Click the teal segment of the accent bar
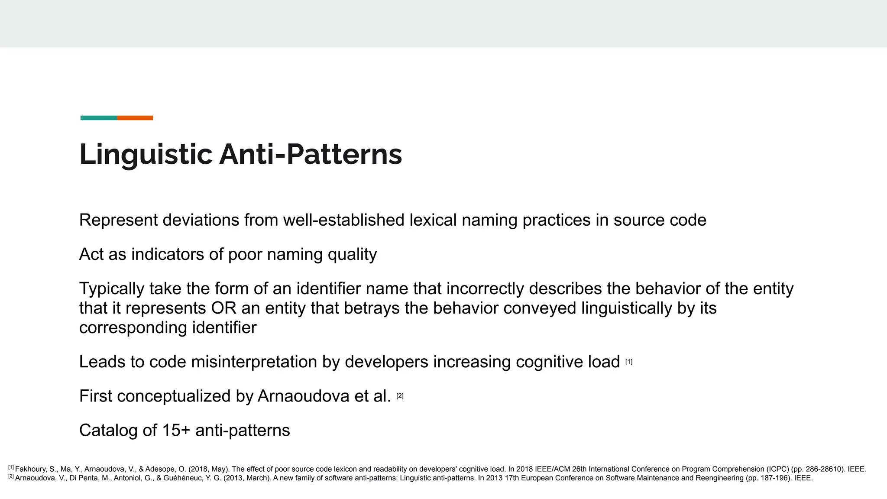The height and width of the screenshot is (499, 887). point(99,118)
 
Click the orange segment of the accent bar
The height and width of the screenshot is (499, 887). point(135,118)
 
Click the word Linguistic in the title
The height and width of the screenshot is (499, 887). point(146,155)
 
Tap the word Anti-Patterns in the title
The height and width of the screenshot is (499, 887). point(311,155)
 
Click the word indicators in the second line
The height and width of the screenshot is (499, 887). point(167,255)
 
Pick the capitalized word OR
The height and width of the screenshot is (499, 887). point(223,308)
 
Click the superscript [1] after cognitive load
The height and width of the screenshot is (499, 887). point(629,362)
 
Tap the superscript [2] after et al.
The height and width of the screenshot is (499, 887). point(400,396)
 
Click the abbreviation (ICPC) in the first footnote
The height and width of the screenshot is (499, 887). point(778,469)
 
